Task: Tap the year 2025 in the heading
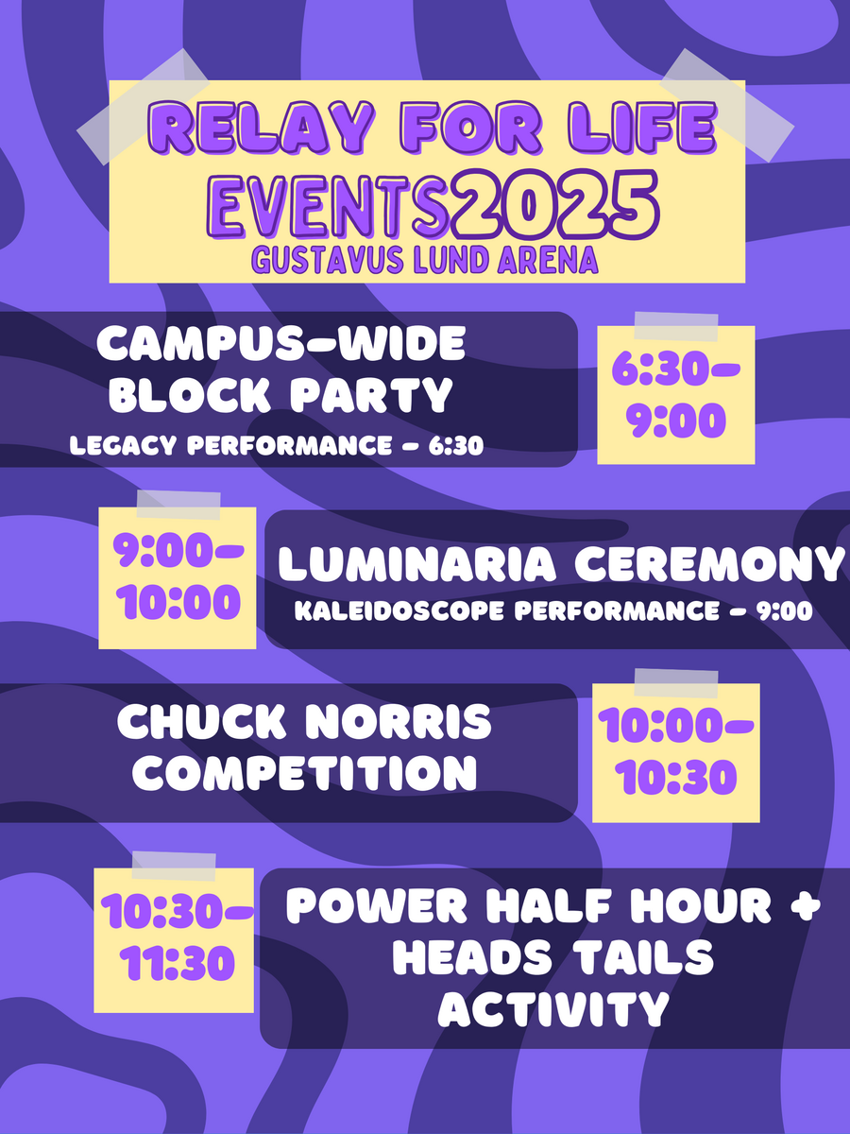[555, 203]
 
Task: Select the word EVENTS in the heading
[330, 207]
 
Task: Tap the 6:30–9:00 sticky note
[676, 395]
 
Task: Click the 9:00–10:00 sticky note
[178, 577]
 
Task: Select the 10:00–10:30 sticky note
[676, 753]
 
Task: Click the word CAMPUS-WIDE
[281, 344]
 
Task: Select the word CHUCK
[202, 722]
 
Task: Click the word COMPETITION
[305, 774]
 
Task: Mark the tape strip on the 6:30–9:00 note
[676, 327]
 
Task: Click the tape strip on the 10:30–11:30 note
[174, 867]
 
